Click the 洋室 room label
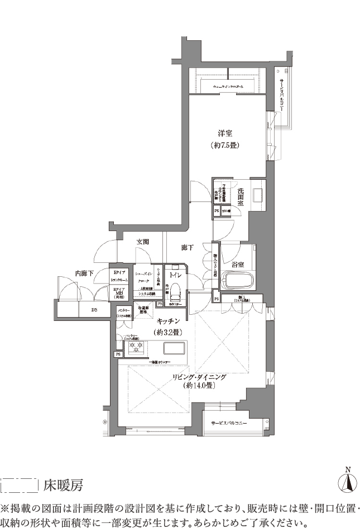point(224,133)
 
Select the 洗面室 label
point(240,196)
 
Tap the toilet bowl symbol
point(174,291)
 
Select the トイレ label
point(175,275)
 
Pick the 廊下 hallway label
point(188,247)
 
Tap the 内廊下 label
point(84,273)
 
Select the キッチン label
point(167,320)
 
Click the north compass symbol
point(347,481)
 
